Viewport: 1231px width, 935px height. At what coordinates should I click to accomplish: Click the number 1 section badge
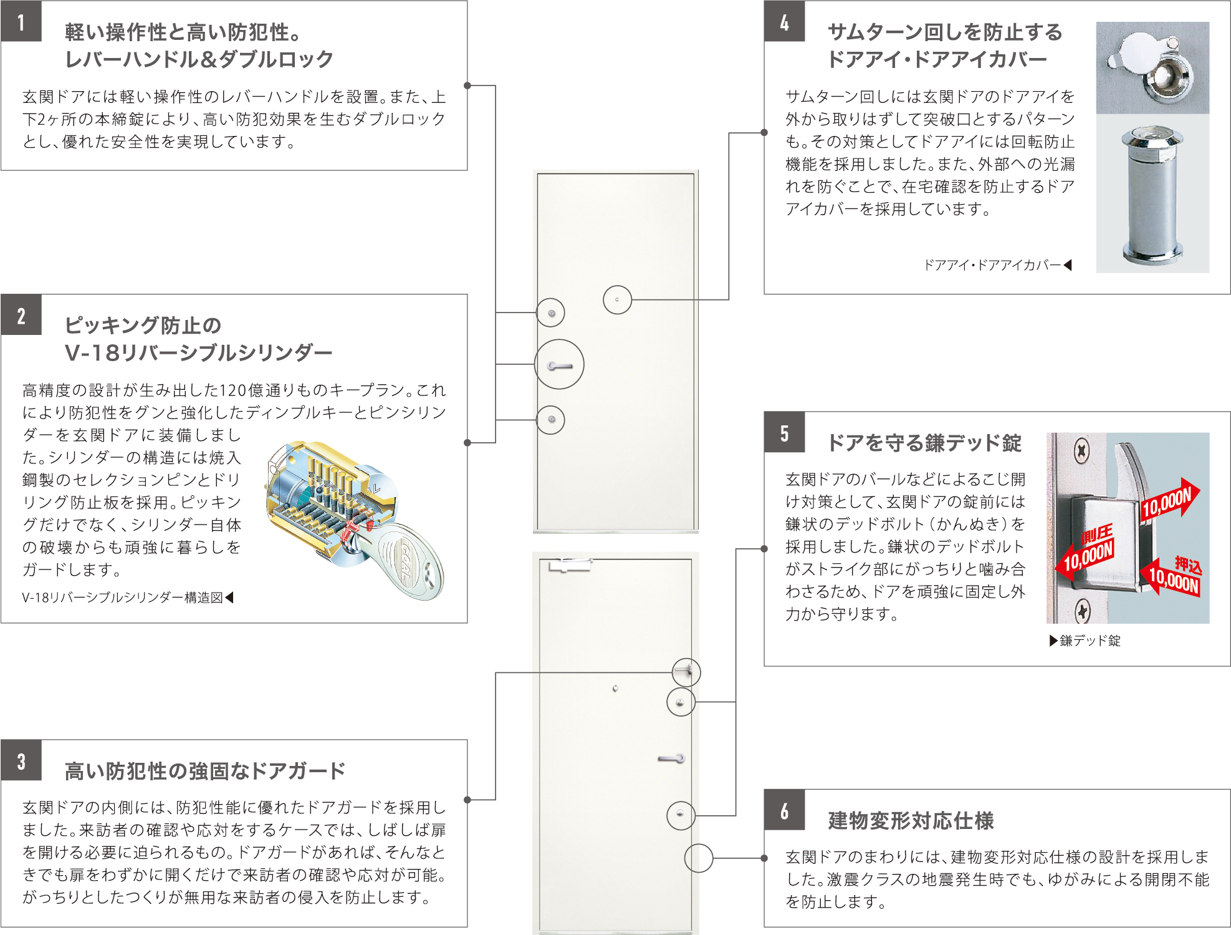tap(21, 22)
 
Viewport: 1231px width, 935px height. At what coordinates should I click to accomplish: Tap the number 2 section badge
tap(21, 316)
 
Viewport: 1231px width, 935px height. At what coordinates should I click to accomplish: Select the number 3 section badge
tap(21, 761)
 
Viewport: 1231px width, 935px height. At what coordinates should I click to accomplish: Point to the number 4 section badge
tap(784, 22)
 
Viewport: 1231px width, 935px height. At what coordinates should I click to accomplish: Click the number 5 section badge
tap(784, 433)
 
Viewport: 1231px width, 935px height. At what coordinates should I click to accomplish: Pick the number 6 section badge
tap(784, 810)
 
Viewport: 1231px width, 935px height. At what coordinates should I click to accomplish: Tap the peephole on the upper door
tap(617, 300)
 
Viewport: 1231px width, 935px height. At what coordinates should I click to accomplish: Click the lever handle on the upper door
tap(559, 366)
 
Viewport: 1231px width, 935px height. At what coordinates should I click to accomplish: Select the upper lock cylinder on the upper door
tap(552, 313)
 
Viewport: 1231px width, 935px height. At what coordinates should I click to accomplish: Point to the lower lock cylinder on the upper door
tap(552, 420)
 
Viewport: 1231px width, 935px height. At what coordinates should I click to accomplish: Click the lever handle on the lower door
tap(672, 758)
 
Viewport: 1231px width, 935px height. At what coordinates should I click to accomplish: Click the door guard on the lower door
tap(686, 671)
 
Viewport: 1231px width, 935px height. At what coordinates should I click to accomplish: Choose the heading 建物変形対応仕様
tap(911, 821)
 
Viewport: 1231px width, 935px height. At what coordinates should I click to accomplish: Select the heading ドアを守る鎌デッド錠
tap(924, 443)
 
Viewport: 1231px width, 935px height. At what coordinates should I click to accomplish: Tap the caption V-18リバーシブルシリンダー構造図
tap(123, 598)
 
